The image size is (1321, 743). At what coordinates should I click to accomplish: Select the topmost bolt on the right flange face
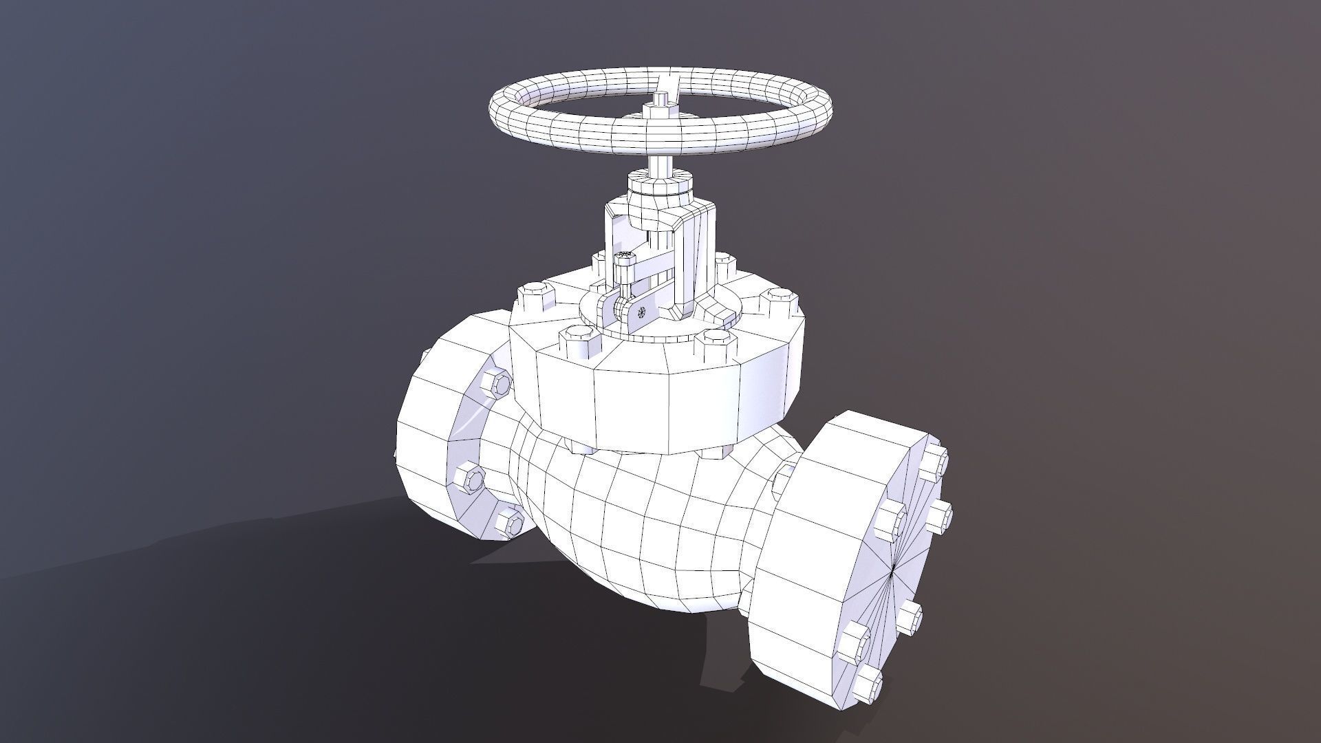pyautogui.click(x=934, y=462)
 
